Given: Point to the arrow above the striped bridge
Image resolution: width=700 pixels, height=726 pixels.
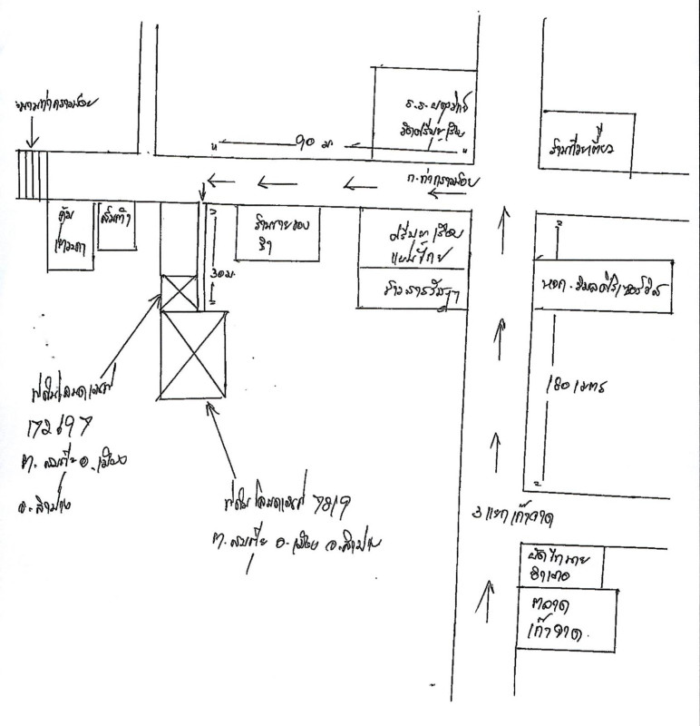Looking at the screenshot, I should (x=32, y=133).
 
